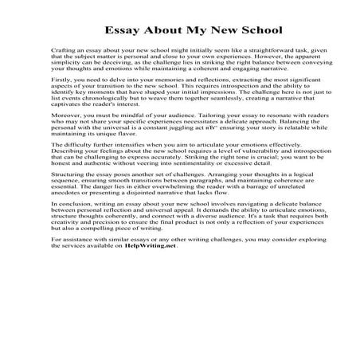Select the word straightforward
pyautogui.click(x=256, y=59)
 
